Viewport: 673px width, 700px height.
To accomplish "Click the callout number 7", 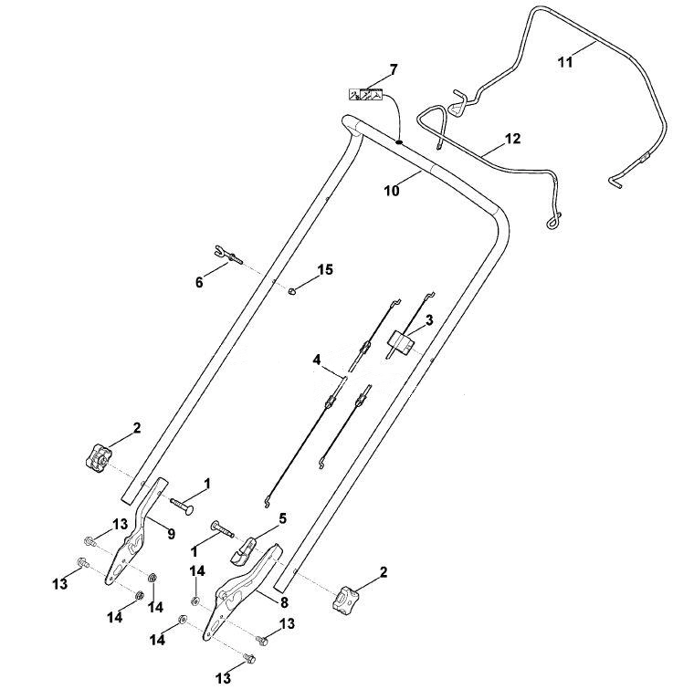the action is click(393, 69).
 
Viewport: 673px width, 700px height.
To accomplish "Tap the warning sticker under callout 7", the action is click(366, 95).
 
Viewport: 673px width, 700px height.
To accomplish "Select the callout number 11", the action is click(565, 62).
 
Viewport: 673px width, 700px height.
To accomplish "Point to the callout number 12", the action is click(513, 139).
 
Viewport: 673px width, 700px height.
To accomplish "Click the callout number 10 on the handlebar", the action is click(392, 191).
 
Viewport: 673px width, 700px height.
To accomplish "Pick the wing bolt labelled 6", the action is click(227, 255).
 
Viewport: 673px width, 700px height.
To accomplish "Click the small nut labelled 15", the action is click(292, 291).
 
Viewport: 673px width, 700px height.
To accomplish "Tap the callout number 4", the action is click(317, 360).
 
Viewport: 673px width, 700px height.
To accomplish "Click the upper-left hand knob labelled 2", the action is click(99, 456).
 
